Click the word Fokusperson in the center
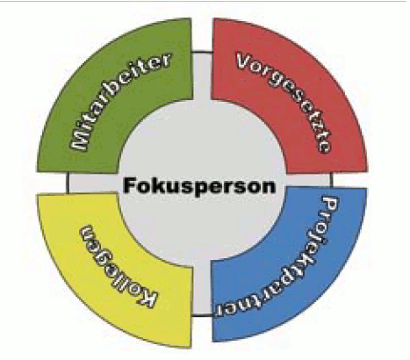click(199, 186)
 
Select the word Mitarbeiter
click(117, 99)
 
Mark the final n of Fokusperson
click(269, 187)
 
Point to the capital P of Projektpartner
click(330, 205)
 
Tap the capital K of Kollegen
click(147, 298)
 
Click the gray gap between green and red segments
click(202, 76)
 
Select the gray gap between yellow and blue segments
click(202, 289)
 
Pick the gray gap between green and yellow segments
click(93, 183)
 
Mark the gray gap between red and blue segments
click(308, 181)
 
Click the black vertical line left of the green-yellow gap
click(68, 183)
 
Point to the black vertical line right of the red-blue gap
click(332, 180)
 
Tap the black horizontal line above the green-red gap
click(202, 53)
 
